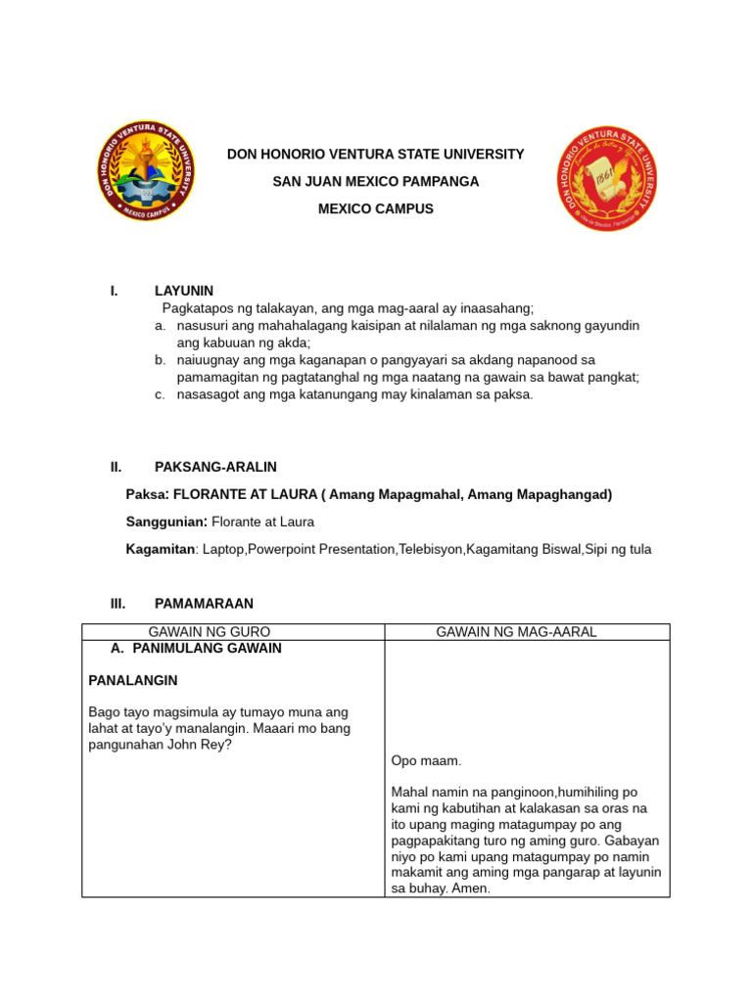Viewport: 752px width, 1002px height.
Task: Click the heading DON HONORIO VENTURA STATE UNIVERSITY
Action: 375,155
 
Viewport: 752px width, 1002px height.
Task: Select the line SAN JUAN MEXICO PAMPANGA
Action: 375,182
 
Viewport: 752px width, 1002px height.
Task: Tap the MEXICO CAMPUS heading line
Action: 375,209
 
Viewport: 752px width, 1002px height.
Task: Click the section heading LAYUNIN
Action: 183,291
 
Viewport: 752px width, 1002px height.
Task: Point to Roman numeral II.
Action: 116,467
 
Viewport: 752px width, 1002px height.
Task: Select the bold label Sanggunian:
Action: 167,522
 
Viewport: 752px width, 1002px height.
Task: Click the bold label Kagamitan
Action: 160,549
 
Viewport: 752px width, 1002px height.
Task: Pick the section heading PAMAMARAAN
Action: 204,604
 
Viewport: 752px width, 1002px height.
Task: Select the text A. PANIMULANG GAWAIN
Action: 197,648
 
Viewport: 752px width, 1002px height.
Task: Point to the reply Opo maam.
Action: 424,760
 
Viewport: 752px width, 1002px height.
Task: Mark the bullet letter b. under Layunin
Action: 159,360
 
